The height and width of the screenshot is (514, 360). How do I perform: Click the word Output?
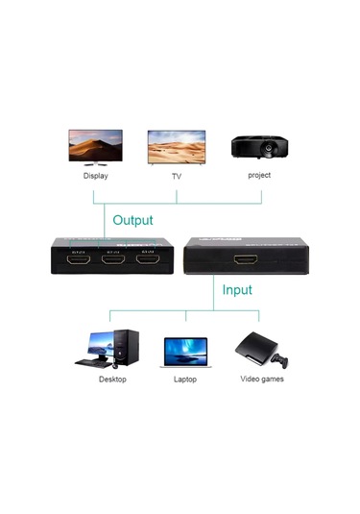click(132, 220)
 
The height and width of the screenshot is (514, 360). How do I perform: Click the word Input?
click(237, 288)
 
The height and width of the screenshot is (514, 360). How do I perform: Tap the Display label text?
click(96, 176)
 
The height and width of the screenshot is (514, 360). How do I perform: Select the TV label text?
click(177, 176)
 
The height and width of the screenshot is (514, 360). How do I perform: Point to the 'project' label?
click(259, 175)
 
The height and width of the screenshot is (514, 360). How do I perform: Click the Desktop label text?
click(112, 379)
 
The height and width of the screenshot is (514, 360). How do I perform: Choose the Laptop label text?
click(185, 379)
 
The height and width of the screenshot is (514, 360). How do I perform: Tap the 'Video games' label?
click(261, 379)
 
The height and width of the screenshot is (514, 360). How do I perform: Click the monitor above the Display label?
click(95, 148)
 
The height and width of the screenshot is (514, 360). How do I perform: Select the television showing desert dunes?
click(179, 147)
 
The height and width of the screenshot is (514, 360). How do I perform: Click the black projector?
click(258, 147)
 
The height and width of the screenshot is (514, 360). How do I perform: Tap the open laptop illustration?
click(184, 353)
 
